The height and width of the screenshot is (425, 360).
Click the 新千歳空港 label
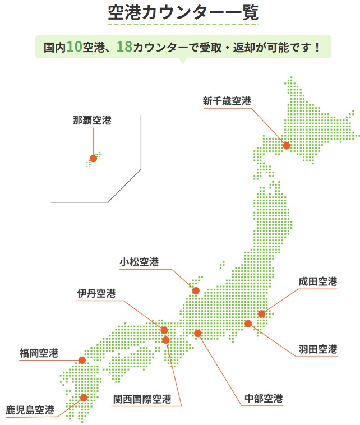click(x=227, y=101)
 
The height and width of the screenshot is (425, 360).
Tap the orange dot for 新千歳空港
click(x=287, y=146)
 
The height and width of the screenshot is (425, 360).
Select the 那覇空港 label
click(x=92, y=120)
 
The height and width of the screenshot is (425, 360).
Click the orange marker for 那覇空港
click(x=93, y=159)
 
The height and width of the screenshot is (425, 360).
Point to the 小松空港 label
click(x=139, y=262)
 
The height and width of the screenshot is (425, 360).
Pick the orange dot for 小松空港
click(x=196, y=290)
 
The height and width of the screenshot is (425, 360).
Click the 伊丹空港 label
click(x=96, y=293)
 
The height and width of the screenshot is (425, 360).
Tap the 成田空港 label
click(x=318, y=281)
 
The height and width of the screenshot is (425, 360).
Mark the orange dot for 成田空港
click(x=261, y=314)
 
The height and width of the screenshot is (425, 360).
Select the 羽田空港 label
click(x=318, y=349)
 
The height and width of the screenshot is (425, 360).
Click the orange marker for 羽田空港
click(x=248, y=324)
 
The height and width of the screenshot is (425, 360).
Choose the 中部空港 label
click(x=264, y=399)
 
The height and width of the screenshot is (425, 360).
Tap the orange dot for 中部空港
click(x=197, y=333)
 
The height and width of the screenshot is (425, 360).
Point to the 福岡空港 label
click(x=39, y=353)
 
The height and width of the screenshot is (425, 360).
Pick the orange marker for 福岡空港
click(x=82, y=360)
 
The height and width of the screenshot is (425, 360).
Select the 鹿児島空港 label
click(x=30, y=409)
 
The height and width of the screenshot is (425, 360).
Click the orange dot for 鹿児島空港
click(x=84, y=398)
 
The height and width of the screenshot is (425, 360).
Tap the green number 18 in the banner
click(x=124, y=47)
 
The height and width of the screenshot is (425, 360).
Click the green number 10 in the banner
click(x=74, y=47)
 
